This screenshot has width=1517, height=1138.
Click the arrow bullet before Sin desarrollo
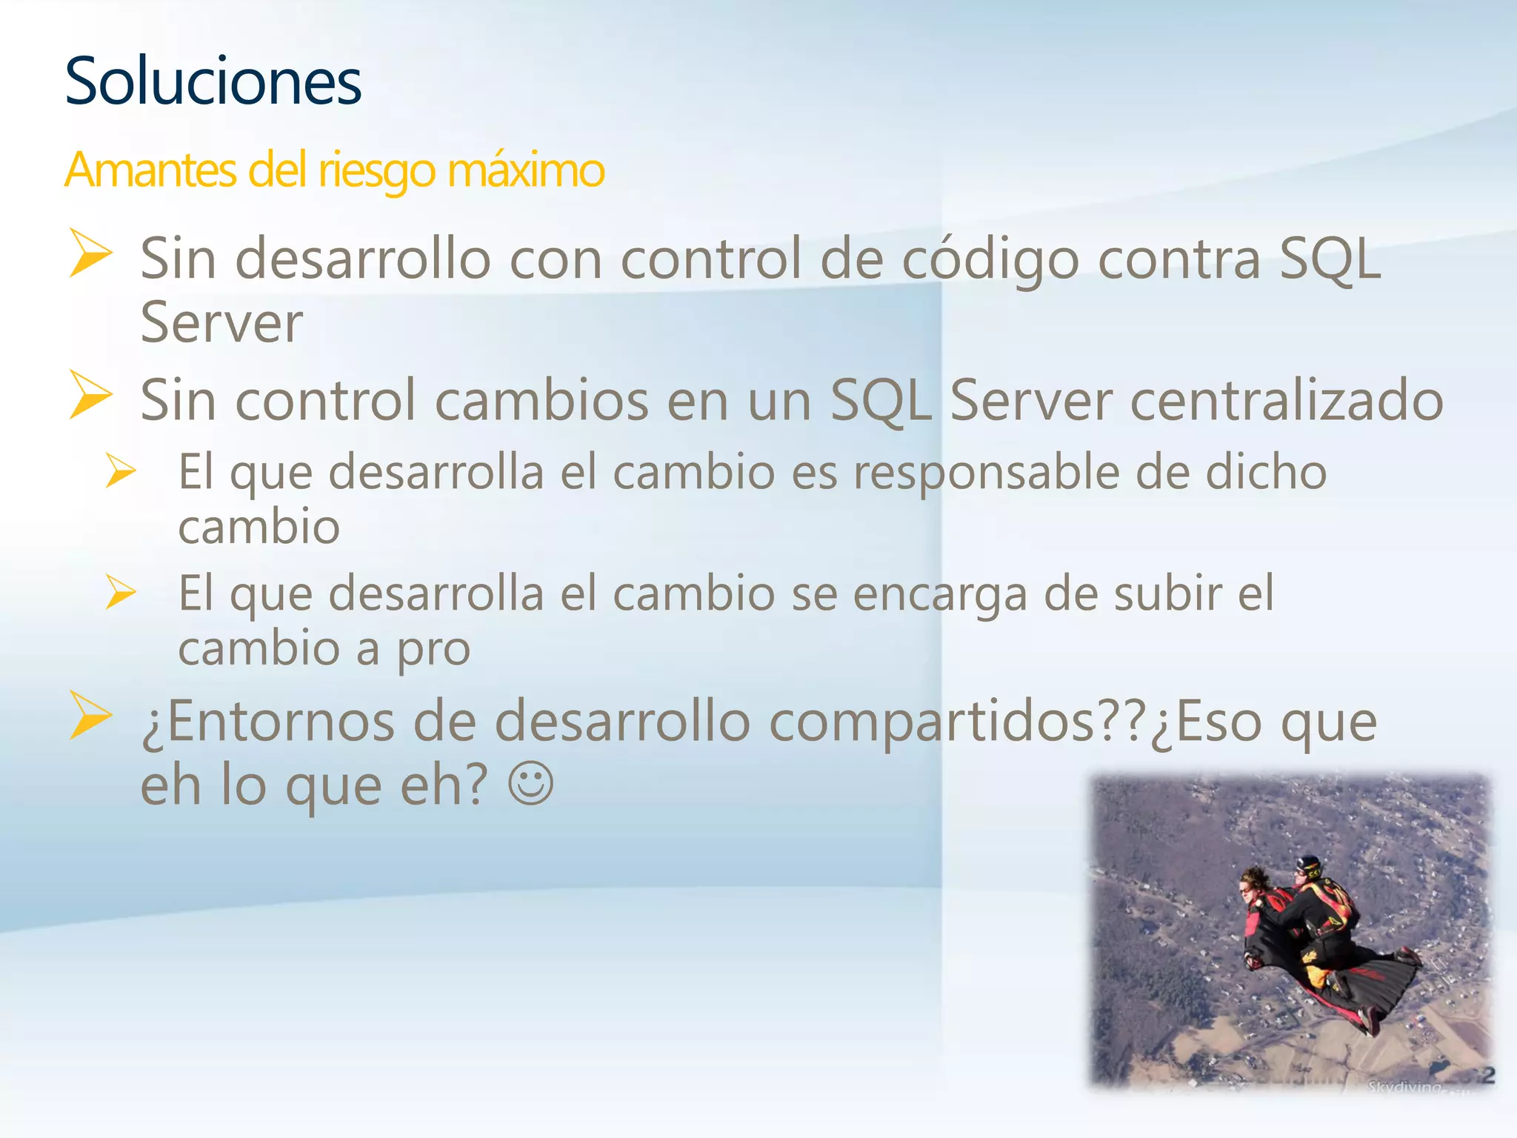[x=90, y=253]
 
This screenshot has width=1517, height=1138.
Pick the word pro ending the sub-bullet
[x=433, y=650]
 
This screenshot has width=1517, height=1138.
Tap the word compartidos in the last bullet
[x=933, y=722]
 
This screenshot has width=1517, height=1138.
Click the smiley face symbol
[x=530, y=784]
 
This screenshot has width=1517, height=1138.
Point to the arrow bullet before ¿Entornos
[x=90, y=715]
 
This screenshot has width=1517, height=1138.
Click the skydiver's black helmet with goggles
[x=1310, y=865]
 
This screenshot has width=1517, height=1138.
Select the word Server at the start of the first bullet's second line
[x=221, y=323]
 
